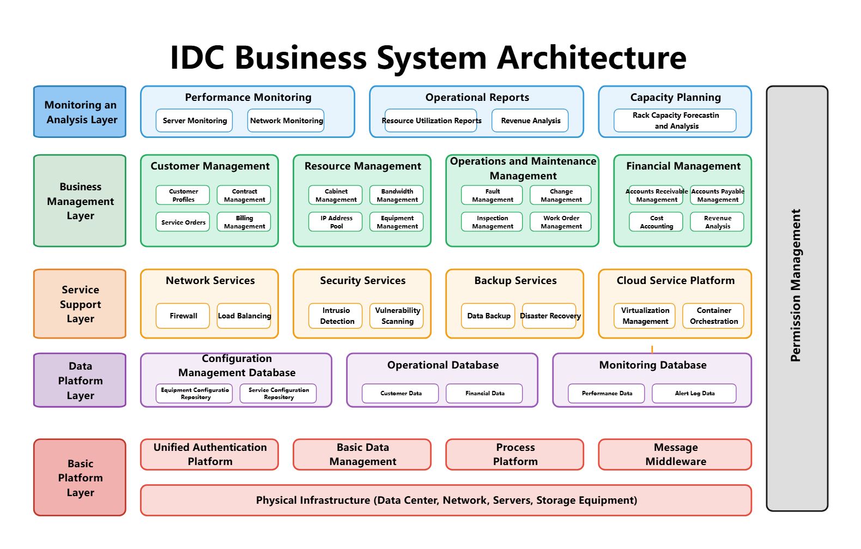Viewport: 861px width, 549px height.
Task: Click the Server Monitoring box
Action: pyautogui.click(x=194, y=120)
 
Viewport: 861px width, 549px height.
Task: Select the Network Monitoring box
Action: pyautogui.click(x=286, y=120)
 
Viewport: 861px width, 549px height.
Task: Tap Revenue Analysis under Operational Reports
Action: pyautogui.click(x=530, y=120)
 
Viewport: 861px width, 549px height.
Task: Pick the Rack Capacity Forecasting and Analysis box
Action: pyautogui.click(x=675, y=120)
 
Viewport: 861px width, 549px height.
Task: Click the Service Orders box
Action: pyautogui.click(x=183, y=222)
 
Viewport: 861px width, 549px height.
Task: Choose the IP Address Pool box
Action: pyautogui.click(x=335, y=222)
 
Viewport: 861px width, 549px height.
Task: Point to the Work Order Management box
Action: pyautogui.click(x=561, y=222)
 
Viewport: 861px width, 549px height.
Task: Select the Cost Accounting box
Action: pyautogui.click(x=656, y=222)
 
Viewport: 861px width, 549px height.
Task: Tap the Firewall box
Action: pyautogui.click(x=183, y=316)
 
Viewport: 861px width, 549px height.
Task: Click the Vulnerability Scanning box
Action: pyautogui.click(x=397, y=316)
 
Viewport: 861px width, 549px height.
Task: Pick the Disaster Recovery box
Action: pyautogui.click(x=549, y=316)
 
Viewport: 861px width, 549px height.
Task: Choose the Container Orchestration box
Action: pyautogui.click(x=713, y=316)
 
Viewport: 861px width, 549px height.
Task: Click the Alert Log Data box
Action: pyautogui.click(x=694, y=393)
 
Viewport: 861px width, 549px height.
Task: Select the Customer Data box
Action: pyautogui.click(x=400, y=393)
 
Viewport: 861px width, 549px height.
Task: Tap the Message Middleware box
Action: pyautogui.click(x=675, y=455)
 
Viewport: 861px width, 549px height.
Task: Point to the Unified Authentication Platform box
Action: pyautogui.click(x=209, y=455)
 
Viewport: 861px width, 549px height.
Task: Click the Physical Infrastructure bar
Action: pyautogui.click(x=446, y=500)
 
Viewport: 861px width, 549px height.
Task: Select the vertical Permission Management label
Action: pyautogui.click(x=796, y=285)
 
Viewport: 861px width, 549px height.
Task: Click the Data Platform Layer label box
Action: pyautogui.click(x=80, y=380)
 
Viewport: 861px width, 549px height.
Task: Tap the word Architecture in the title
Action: pyautogui.click(x=592, y=58)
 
